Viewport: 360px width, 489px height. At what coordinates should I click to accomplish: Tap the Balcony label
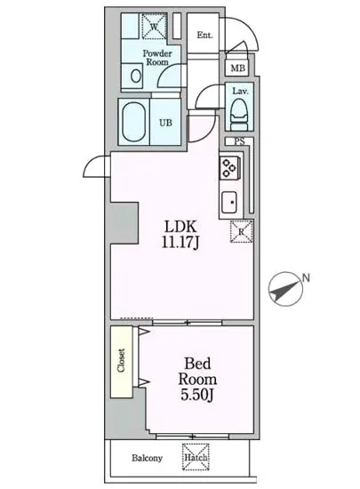coord(148,459)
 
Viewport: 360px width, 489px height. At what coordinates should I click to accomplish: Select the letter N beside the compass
coord(305,278)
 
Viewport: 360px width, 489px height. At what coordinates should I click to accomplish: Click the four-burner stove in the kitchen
coord(228,166)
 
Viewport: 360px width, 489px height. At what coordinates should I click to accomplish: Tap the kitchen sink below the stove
coord(228,201)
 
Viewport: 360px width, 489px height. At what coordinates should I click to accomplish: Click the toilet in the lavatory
coord(239,112)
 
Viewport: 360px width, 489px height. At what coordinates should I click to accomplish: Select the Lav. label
coord(240,91)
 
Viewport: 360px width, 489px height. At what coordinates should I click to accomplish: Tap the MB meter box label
coord(237,68)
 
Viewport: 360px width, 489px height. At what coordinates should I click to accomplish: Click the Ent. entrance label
coord(204,36)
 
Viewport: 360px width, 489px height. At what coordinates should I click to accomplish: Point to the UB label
coord(165,123)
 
